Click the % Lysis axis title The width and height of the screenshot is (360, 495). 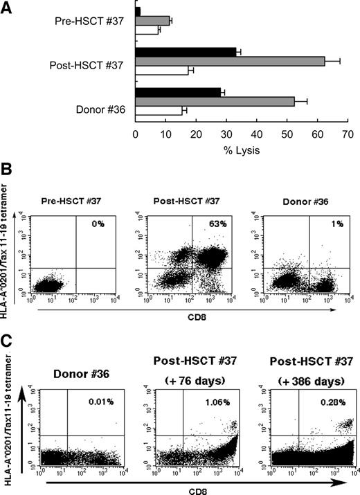coord(240,150)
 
